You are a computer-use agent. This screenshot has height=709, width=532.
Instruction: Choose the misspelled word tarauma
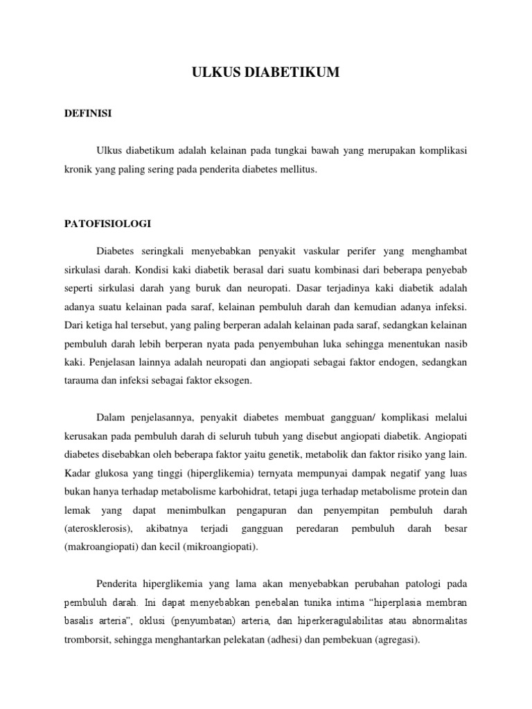click(80, 380)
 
